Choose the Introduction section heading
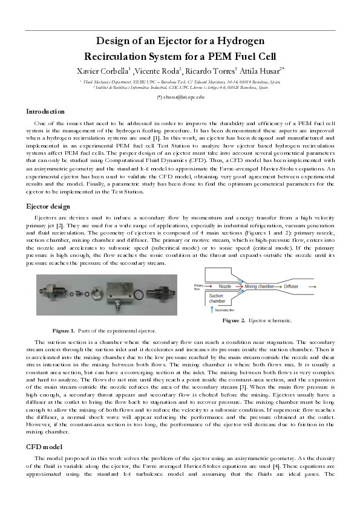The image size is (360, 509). coord(45,112)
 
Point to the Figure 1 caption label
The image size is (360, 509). coord(64,331)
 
